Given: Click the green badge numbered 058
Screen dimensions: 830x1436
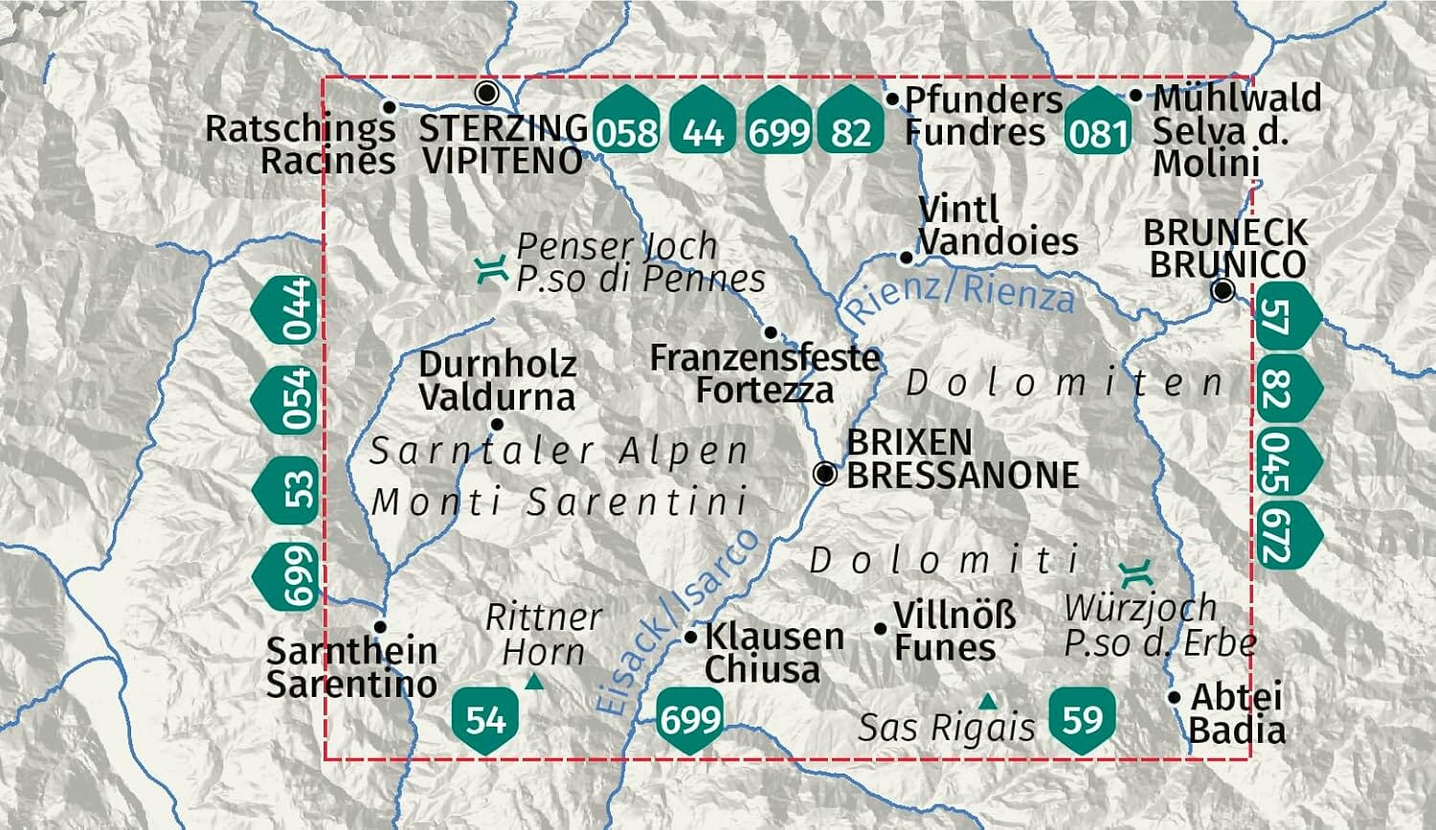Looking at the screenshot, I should tap(626, 124).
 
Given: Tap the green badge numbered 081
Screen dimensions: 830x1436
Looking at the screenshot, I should tap(1097, 124).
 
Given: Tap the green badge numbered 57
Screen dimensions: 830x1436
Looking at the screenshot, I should tap(1285, 317).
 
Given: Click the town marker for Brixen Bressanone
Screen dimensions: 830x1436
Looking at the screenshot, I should tap(824, 473).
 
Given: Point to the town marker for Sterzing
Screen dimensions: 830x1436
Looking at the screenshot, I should tap(487, 93).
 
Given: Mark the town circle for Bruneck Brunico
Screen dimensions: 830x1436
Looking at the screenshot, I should tap(1223, 290).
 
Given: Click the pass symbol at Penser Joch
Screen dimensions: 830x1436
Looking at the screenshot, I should tap(491, 270).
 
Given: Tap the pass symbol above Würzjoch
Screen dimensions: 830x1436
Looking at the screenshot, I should tap(1139, 574).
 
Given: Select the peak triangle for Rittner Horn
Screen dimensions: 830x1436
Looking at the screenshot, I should tap(534, 682).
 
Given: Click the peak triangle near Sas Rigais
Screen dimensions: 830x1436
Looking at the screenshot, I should tap(986, 702).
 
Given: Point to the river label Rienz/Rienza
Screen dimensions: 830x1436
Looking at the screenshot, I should tap(958, 293).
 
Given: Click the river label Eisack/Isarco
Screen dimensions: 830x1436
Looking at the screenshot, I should tap(678, 622).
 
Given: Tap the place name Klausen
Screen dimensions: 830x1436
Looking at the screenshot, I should tap(774, 636).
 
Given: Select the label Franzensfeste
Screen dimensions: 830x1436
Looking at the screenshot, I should tap(764, 357).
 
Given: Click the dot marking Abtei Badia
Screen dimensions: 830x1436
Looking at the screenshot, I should tap(1175, 698).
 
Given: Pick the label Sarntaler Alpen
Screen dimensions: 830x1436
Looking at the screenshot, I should tap(559, 450).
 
